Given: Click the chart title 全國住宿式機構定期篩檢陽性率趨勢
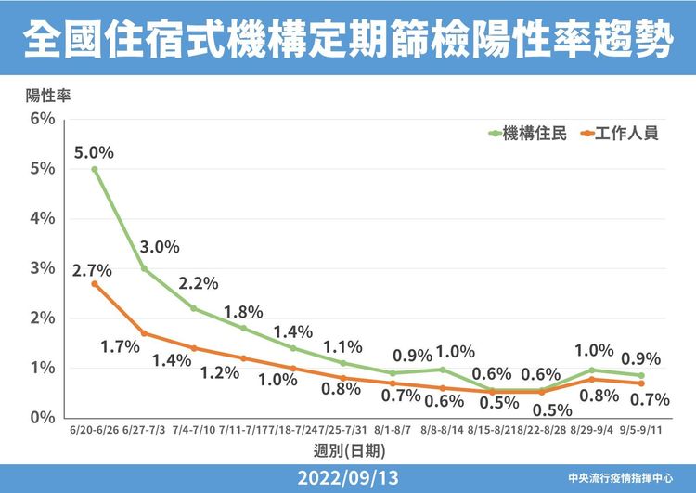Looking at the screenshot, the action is tap(348, 39).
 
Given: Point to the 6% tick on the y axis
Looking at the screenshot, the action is tap(43, 119).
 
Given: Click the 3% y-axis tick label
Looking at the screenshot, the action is tap(43, 268).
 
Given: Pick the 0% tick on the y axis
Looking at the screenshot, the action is tap(43, 418).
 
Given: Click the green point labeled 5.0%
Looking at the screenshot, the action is tap(95, 169).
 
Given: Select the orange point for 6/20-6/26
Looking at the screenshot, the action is tap(95, 284).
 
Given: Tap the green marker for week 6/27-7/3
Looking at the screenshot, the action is tap(144, 268).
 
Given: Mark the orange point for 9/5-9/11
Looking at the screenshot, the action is tap(641, 383).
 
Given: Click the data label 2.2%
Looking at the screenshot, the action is tap(199, 283).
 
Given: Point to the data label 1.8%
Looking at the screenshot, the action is tap(243, 312).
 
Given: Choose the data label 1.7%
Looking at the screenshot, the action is tap(121, 346).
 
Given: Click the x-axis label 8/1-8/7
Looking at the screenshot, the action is tap(393, 430).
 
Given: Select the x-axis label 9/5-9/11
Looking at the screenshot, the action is tap(641, 430).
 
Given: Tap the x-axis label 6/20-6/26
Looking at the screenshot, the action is tap(94, 430).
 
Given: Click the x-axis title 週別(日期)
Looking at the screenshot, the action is tap(349, 451).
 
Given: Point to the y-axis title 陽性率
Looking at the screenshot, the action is tap(48, 96).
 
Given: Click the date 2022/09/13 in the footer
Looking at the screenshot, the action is tap(348, 478).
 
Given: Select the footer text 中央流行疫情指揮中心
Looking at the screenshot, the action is tap(621, 478).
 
